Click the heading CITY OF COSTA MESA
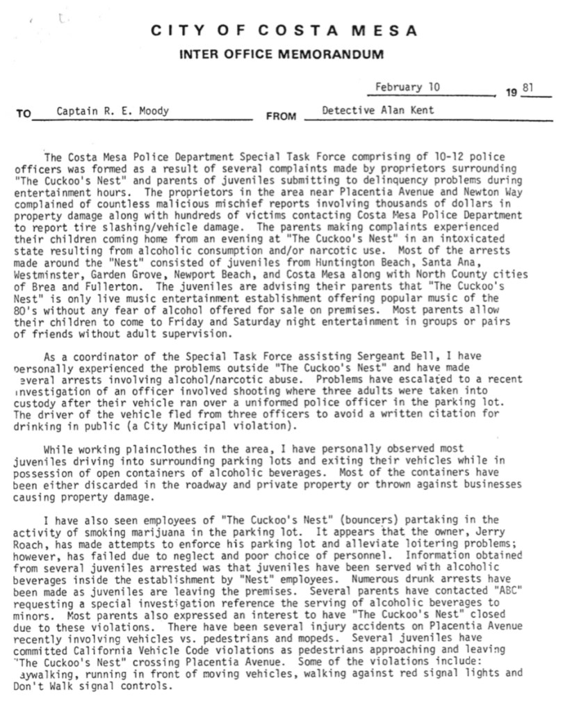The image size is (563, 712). point(285,31)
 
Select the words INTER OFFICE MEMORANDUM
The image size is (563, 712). point(285,54)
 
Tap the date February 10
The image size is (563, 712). point(407,88)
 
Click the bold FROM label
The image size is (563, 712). point(281,116)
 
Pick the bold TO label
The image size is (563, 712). point(23,116)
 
